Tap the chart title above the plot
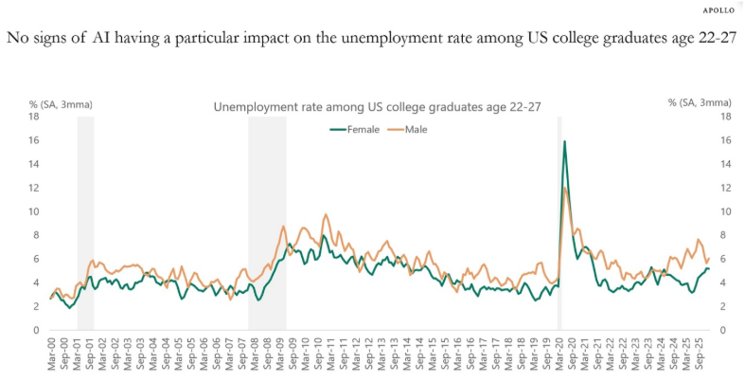pos(377,108)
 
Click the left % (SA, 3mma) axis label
pos(62,102)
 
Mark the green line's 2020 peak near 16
pos(565,142)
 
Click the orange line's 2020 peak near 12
pos(566,189)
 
